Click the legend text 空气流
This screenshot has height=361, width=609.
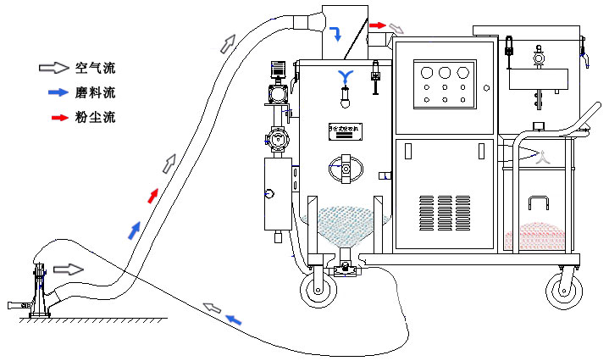[94, 67]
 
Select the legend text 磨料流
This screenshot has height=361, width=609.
[94, 92]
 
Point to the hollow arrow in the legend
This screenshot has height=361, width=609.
[53, 67]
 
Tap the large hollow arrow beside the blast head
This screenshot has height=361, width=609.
[69, 269]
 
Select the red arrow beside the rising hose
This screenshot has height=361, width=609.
[152, 196]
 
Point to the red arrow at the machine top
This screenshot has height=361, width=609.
[377, 25]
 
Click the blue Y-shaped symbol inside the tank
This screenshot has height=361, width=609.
[345, 77]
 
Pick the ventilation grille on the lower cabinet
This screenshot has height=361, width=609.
[444, 216]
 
